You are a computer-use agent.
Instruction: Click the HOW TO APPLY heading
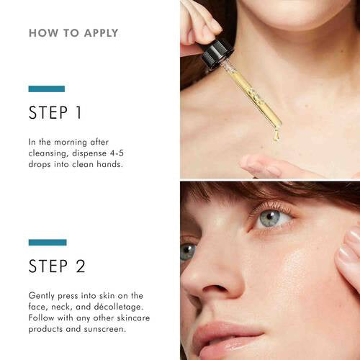pyautogui.click(x=73, y=33)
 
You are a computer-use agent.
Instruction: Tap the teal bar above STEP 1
pyautogui.click(x=47, y=89)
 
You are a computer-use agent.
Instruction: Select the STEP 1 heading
pyautogui.click(x=57, y=112)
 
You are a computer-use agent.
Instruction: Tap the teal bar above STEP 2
pyautogui.click(x=48, y=242)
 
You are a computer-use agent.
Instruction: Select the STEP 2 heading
pyautogui.click(x=58, y=266)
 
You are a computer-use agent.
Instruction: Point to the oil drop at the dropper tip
pyautogui.click(x=275, y=135)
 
